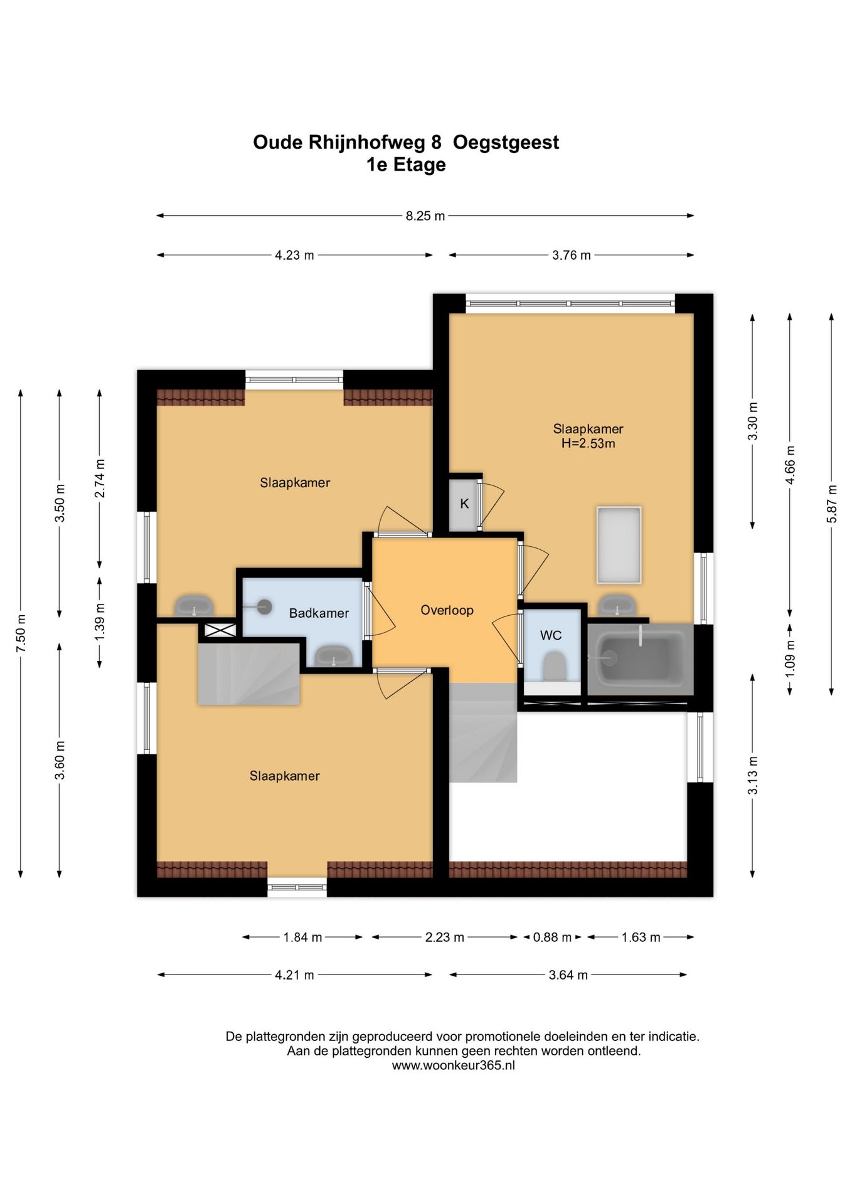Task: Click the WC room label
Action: point(550,635)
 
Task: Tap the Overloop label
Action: point(447,610)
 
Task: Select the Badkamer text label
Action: point(319,613)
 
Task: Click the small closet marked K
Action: point(464,504)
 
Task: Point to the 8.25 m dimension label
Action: point(425,216)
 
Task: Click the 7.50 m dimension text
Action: point(21,631)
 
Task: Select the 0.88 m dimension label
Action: point(552,937)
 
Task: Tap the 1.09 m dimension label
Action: point(790,658)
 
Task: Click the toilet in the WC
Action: point(553,665)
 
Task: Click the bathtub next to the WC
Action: point(641,659)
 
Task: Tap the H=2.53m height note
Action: point(588,444)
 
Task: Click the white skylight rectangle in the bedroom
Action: point(619,545)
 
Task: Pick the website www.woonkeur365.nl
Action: point(453,1065)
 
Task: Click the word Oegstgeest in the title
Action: point(506,143)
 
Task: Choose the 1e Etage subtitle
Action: point(406,165)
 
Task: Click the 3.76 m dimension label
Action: point(571,256)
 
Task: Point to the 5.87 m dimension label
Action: point(832,504)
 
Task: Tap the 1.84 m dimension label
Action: point(302,937)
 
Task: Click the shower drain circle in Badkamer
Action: point(265,606)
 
